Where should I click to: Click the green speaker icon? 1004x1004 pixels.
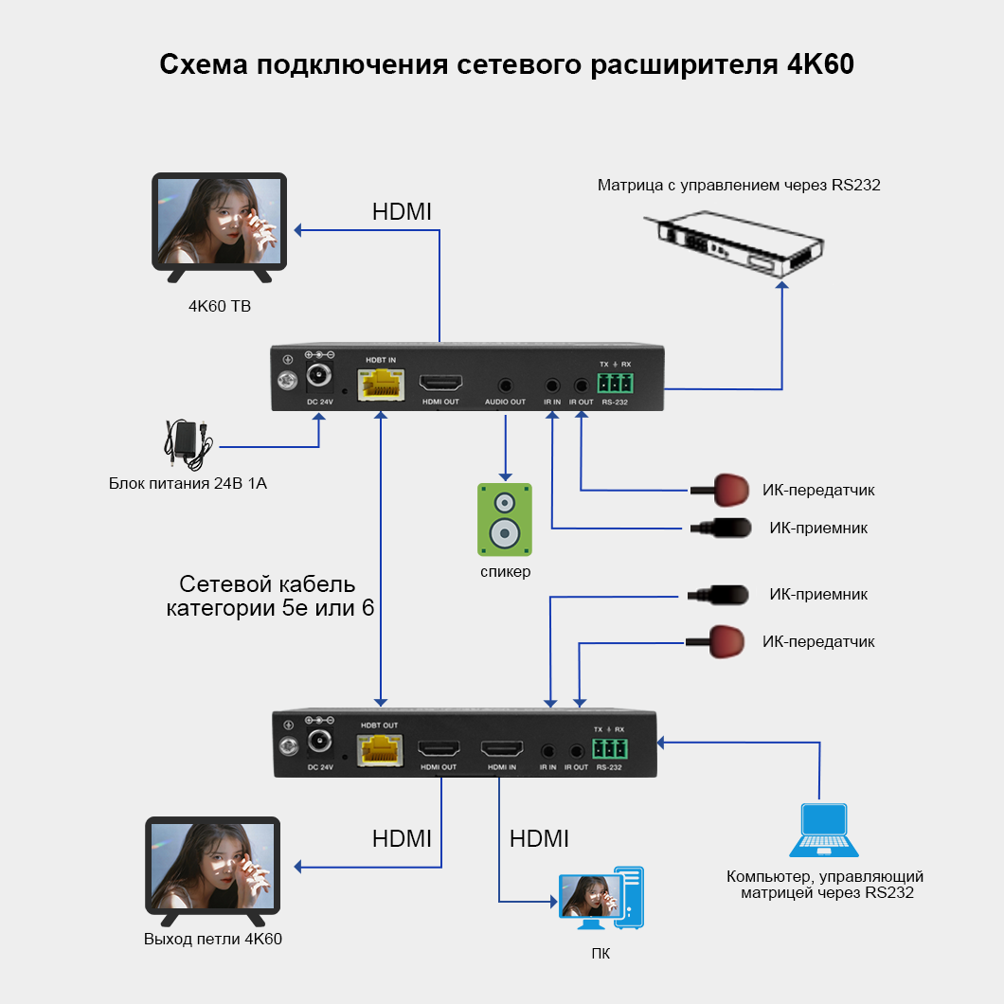click(x=505, y=519)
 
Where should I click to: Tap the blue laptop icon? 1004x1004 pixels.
click(x=823, y=832)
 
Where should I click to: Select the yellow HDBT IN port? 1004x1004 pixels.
click(x=381, y=383)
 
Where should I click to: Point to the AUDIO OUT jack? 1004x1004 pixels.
click(x=505, y=385)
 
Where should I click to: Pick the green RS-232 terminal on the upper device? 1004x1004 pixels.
click(x=616, y=384)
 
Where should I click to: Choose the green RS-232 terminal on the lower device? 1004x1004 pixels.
click(x=609, y=748)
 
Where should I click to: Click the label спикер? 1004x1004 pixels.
click(x=505, y=572)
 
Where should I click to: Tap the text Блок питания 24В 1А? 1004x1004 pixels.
click(x=188, y=485)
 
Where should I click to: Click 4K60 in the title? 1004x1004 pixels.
click(x=820, y=64)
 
